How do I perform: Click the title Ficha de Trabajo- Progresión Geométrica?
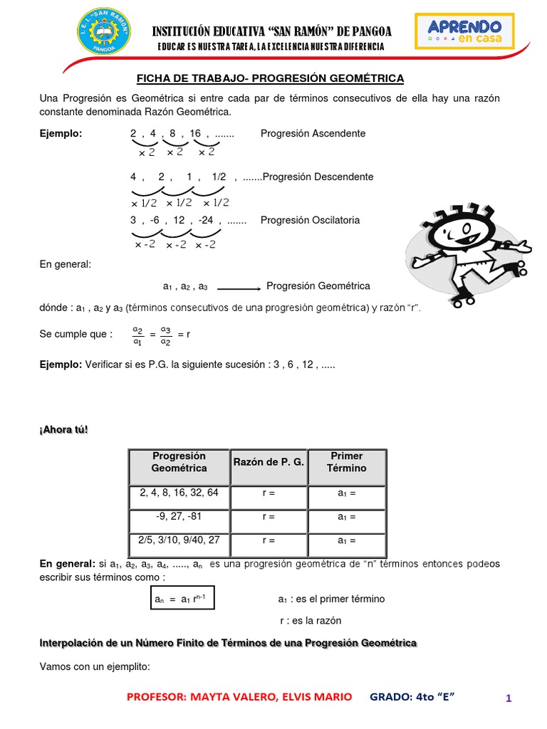270,78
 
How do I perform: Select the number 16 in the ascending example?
195,133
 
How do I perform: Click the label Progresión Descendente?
318,177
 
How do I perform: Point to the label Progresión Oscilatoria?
310,220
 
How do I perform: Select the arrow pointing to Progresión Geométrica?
239,288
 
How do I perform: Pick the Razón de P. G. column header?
269,463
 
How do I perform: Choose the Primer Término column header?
346,462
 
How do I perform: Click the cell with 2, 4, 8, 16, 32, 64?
179,493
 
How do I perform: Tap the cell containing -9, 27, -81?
179,517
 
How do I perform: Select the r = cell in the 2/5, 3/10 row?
269,541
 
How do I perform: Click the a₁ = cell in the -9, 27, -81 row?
346,517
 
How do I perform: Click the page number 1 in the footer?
509,698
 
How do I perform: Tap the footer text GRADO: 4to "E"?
412,696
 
